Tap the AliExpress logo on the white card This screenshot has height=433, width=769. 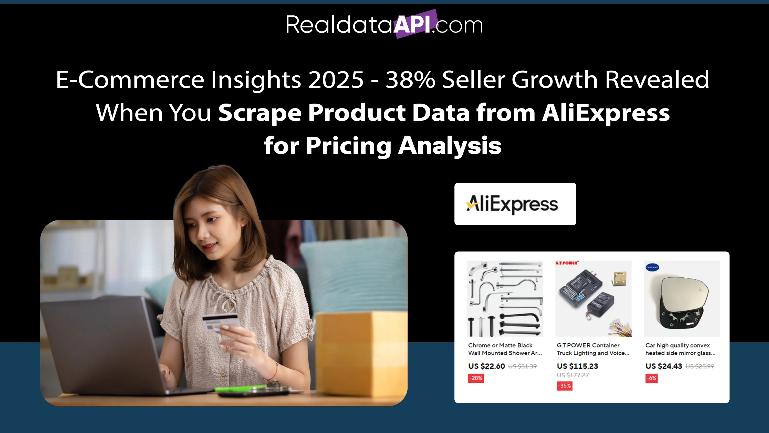pos(512,204)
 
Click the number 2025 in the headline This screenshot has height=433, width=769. pos(336,79)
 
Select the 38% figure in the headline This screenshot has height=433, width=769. pos(410,79)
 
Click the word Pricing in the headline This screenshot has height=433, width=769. pos(348,146)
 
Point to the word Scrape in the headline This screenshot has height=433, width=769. pos(260,113)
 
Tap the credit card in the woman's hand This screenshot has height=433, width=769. pos(221,323)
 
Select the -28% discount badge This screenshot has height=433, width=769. pos(476,378)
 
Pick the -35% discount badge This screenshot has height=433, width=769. pos(565,386)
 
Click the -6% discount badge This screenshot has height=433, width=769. pos(651,378)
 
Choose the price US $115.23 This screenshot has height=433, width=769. pos(577,366)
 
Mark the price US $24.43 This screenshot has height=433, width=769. pos(664,366)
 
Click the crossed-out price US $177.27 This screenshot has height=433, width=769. pos(573,375)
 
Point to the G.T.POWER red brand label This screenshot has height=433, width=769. pos(567,263)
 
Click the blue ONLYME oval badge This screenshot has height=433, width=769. pos(652,267)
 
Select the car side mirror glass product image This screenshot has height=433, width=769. pos(682,299)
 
